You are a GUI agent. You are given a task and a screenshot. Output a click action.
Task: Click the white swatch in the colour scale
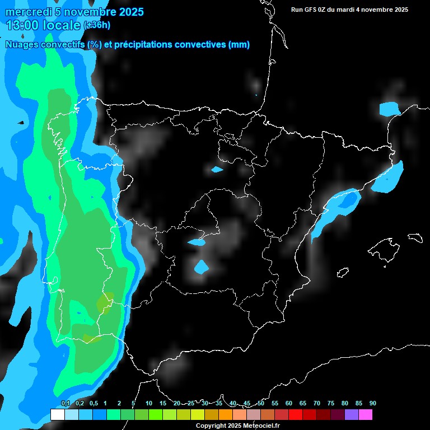(57, 415)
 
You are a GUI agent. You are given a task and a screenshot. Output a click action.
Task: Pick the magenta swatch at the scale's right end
(365, 415)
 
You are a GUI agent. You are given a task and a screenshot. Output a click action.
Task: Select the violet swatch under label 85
(351, 415)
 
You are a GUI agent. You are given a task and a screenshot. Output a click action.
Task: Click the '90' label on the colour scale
(372, 403)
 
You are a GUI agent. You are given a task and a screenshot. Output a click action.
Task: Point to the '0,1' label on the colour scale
(66, 403)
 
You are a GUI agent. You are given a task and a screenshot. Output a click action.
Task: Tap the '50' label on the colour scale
(261, 403)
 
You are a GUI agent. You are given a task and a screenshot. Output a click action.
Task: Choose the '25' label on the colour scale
(191, 403)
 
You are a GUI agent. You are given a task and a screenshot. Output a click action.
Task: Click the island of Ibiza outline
(343, 272)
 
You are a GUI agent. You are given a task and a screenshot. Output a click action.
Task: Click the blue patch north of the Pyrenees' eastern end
(390, 108)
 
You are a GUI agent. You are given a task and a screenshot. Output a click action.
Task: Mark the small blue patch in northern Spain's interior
(217, 169)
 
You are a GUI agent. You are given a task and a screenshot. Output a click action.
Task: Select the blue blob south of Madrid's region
(201, 267)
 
